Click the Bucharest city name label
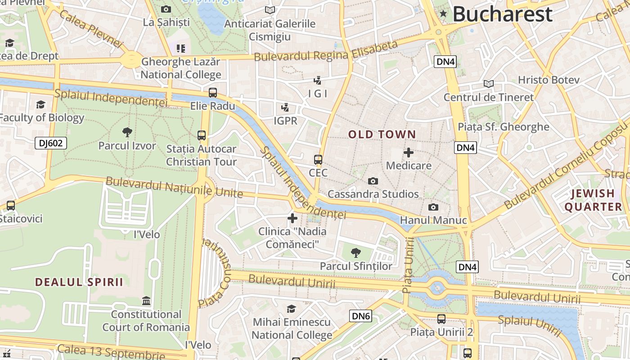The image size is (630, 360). coord(502,14)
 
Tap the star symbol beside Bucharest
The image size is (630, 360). coord(443,13)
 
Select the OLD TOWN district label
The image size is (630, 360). coord(382,134)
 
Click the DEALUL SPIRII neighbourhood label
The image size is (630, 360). coord(79,282)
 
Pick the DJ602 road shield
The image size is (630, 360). coord(51,143)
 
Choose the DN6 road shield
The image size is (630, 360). coord(361,316)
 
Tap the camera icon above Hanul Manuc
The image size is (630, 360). coord(433,207)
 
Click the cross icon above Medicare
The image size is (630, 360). coord(409,153)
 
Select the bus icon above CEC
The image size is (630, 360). coord(318,160)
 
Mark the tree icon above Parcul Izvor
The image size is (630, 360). coord(127,132)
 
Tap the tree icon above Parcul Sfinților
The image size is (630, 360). coord(355,252)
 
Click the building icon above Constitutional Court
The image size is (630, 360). coord(146,301)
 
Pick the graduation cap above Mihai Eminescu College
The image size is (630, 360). coord(292,309)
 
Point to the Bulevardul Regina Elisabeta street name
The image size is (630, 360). coord(326,51)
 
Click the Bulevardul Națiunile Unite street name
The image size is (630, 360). coord(174,188)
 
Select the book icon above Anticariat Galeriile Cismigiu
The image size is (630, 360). coord(270,10)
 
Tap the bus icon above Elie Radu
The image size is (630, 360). coord(213,93)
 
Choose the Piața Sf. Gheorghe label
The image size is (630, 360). coord(503,127)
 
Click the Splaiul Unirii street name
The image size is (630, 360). coord(529,325)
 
